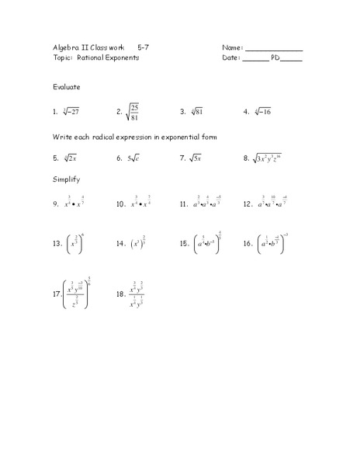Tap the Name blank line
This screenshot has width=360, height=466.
coord(273,50)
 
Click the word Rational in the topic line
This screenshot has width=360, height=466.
coord(92,57)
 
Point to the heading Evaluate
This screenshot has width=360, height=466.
coord(67,87)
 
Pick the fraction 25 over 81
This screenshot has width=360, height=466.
coord(133,112)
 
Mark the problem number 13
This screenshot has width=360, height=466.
coord(57,243)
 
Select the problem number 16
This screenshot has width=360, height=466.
coord(247,243)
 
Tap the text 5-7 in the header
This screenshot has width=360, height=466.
coord(144,47)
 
